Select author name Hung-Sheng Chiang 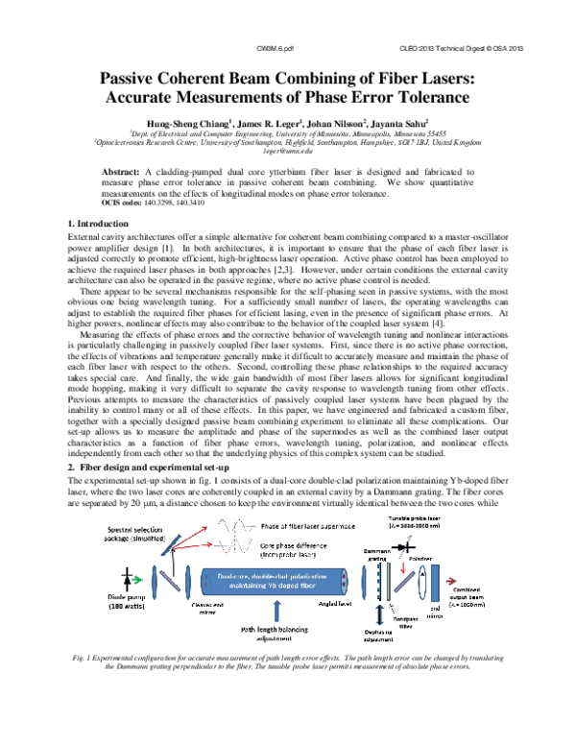pyautogui.click(x=184, y=124)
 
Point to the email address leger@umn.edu pyautogui.click(x=288, y=152)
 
